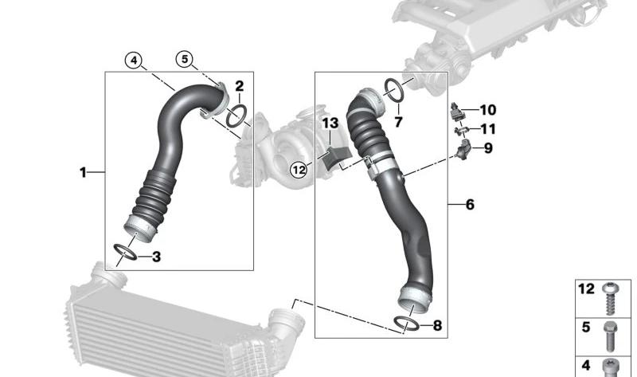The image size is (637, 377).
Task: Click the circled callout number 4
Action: [133, 59]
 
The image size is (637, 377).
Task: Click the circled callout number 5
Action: [185, 59]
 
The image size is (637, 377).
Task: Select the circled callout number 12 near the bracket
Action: [298, 169]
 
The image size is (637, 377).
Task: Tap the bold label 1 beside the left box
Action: [83, 171]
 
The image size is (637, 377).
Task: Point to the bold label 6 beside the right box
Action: [470, 205]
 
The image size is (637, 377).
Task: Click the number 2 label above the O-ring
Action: [238, 86]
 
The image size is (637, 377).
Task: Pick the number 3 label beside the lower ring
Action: [156, 257]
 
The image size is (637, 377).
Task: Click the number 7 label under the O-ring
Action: [398, 122]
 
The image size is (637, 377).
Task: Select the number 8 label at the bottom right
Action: [436, 325]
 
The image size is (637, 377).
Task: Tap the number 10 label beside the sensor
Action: [487, 109]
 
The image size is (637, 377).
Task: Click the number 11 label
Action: [487, 128]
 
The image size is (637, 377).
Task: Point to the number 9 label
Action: [488, 147]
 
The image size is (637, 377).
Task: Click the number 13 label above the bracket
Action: [330, 124]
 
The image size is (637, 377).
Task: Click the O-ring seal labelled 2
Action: [236, 116]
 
